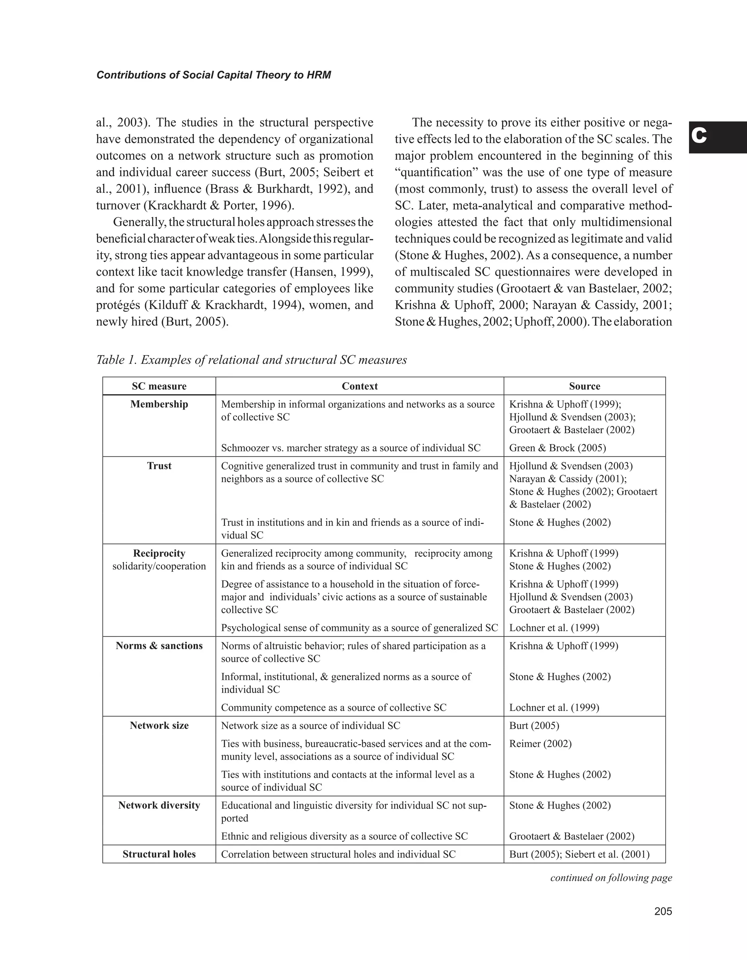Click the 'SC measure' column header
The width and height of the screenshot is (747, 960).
tap(159, 386)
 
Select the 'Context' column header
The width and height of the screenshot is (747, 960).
tap(360, 386)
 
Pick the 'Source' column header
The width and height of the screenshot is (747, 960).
tap(584, 386)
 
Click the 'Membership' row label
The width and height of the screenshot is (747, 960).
tap(159, 404)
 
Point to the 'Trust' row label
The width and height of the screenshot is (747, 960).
tap(159, 466)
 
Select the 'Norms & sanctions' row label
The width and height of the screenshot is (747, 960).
tap(159, 645)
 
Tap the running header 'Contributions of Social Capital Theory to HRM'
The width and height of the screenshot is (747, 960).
tap(214, 75)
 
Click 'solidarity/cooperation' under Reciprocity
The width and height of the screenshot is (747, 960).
tap(159, 566)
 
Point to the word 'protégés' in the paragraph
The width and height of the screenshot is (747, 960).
tap(118, 305)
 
